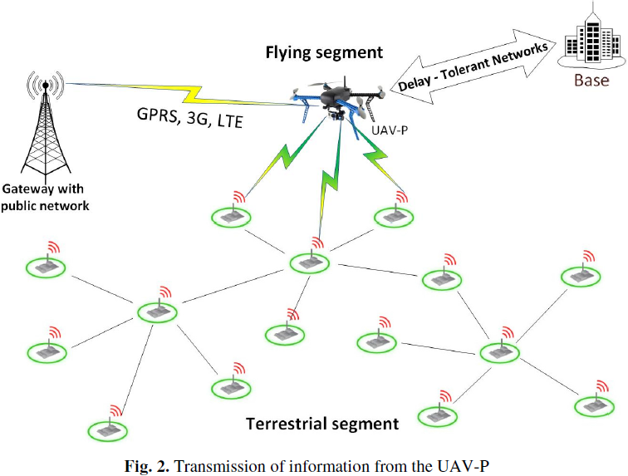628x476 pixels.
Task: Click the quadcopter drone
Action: (x=337, y=101)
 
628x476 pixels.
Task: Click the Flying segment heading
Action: (x=324, y=52)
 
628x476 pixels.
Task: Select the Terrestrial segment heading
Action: (x=322, y=424)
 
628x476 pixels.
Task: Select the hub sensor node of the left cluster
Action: (x=155, y=312)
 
